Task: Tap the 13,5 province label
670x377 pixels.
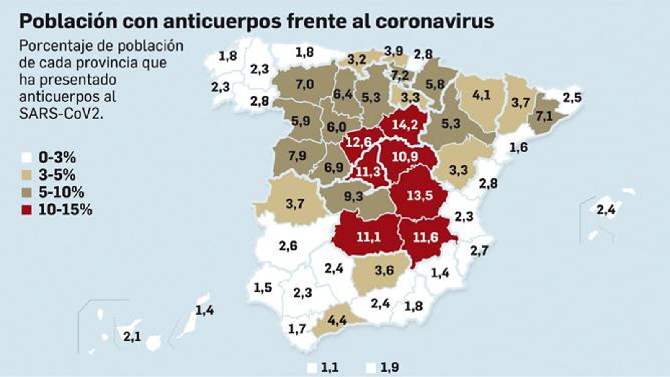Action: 420,195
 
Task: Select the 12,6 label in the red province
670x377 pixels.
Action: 359,142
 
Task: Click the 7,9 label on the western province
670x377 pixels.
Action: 297,156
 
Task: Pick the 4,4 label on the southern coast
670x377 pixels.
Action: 337,321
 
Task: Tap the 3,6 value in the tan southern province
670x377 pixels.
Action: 384,270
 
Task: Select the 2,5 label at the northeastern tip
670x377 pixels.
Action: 572,98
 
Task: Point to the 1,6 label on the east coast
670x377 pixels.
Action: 518,147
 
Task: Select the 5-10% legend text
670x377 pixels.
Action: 61,192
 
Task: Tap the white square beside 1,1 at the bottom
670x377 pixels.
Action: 312,368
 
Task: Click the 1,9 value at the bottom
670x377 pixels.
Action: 390,368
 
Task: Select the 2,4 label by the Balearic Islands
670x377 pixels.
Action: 606,209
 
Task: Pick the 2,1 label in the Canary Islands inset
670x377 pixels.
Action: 132,336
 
